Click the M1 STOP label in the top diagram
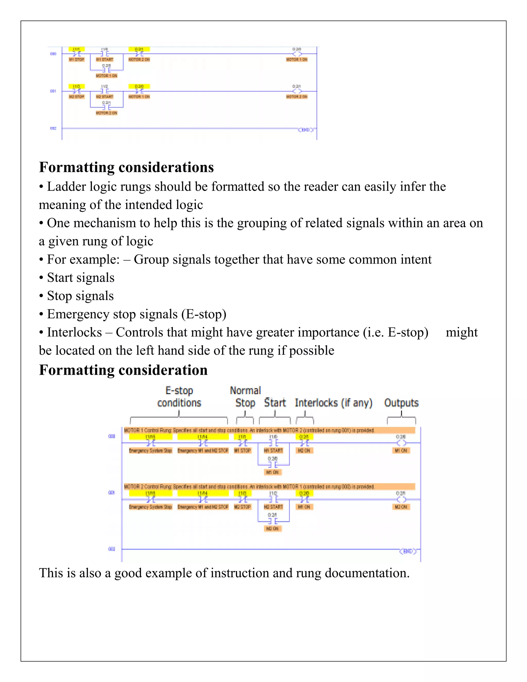pyautogui.click(x=76, y=59)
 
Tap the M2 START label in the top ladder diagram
pyautogui.click(x=104, y=97)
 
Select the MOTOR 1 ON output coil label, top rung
pyautogui.click(x=297, y=59)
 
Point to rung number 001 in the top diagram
pyautogui.click(x=53, y=91)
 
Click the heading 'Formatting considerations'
pyautogui.click(x=126, y=167)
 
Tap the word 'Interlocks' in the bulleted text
pyautogui.click(x=74, y=332)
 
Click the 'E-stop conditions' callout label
pyautogui.click(x=179, y=397)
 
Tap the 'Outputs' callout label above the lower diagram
pyautogui.click(x=401, y=403)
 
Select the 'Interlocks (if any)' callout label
pyautogui.click(x=333, y=403)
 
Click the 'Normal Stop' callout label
pyautogui.click(x=245, y=397)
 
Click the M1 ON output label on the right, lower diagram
pyautogui.click(x=401, y=450)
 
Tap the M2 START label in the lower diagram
pyautogui.click(x=273, y=506)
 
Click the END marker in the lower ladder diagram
pyautogui.click(x=408, y=551)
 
